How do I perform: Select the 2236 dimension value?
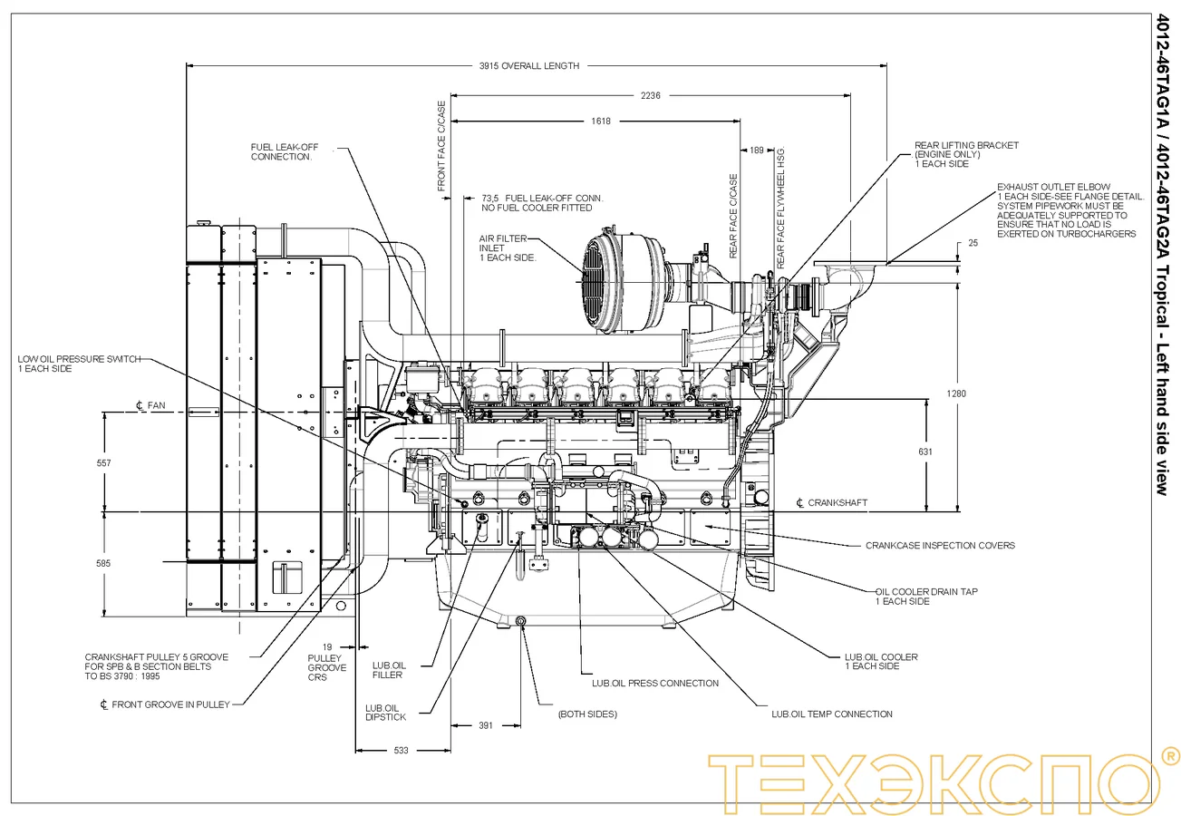click(x=650, y=95)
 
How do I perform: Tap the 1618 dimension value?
click(x=600, y=121)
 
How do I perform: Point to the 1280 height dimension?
click(x=949, y=393)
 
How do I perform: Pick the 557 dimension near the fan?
click(x=103, y=463)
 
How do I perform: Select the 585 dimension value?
click(x=103, y=563)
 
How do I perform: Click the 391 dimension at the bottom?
click(x=486, y=725)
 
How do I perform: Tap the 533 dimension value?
click(x=401, y=750)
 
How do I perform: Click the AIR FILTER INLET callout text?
click(x=508, y=248)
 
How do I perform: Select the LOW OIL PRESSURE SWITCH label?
click(x=79, y=364)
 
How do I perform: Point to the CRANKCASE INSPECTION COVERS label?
click(x=940, y=546)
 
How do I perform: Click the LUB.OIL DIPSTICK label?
click(x=385, y=713)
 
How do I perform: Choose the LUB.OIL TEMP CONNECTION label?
click(x=831, y=714)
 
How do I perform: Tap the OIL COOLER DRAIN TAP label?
click(x=925, y=597)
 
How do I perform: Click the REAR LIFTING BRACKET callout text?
click(x=966, y=154)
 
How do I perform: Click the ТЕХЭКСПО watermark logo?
click(x=943, y=778)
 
